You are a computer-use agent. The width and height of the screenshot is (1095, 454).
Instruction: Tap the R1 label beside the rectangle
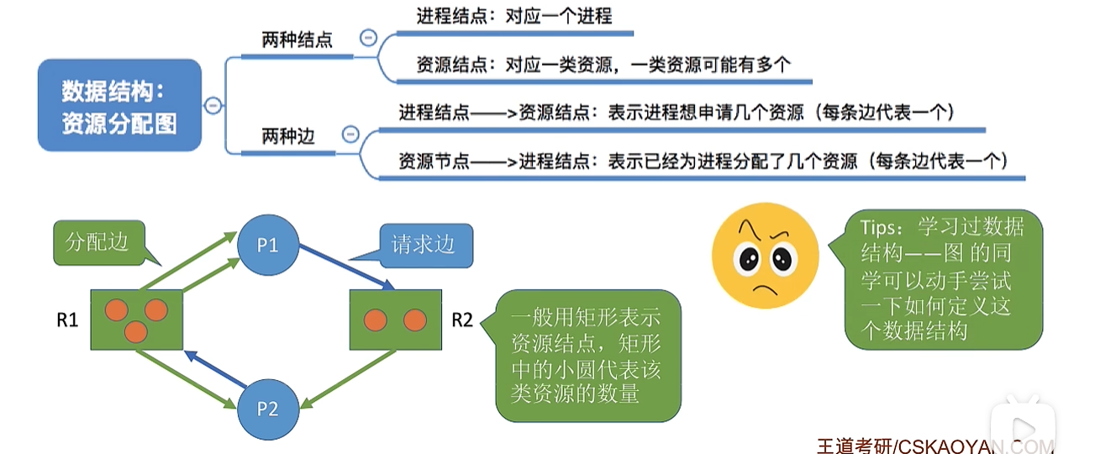[x=67, y=319]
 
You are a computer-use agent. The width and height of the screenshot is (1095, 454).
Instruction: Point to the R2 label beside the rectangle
[x=462, y=319]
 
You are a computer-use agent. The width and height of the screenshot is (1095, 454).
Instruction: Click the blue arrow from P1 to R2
[x=346, y=268]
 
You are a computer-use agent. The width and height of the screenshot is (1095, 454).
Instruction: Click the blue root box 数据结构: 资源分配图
[x=119, y=105]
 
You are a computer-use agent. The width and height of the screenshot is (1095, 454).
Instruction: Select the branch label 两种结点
[x=297, y=40]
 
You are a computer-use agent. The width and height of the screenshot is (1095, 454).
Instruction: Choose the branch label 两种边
[x=288, y=135]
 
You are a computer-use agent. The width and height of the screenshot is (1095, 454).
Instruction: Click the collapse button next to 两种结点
[x=367, y=37]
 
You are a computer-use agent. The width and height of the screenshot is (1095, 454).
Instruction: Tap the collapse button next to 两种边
[x=350, y=135]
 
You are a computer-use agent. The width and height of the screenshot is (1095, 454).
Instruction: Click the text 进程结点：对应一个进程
[x=513, y=16]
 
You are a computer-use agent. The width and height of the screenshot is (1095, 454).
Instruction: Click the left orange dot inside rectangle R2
[x=375, y=320]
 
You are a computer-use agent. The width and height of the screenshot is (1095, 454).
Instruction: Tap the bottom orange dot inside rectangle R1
[x=134, y=331]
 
